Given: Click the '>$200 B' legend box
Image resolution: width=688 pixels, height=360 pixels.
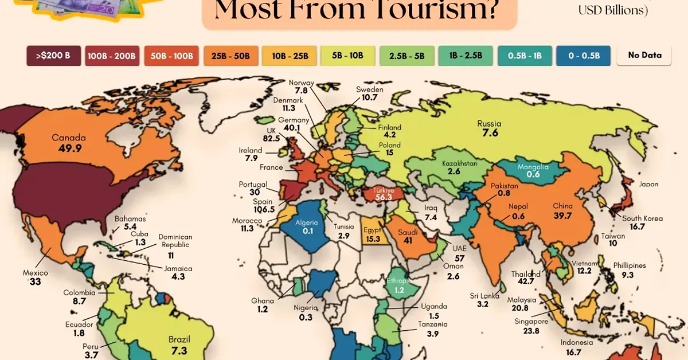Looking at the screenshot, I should coord(53,56).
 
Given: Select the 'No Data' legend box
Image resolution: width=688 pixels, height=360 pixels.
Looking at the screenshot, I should coord(644,56).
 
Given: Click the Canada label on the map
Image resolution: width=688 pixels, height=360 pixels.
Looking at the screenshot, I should coord(68,138).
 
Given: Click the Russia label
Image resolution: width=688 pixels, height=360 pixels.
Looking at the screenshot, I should coord(489,123).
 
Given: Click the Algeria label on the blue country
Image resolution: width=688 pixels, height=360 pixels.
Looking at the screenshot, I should coord(306,222).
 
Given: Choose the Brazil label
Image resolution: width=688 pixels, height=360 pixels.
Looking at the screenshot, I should coord(179,339).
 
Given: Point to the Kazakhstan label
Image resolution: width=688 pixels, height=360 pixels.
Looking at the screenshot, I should coord(459,163).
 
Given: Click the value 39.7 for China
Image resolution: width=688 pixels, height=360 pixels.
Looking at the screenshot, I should coord(562,215).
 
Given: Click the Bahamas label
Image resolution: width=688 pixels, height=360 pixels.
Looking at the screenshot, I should coord(130,218).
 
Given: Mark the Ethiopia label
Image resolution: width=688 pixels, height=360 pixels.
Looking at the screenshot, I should coord(398,281).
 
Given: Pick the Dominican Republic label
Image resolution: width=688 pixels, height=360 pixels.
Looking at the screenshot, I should coord(175,241).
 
